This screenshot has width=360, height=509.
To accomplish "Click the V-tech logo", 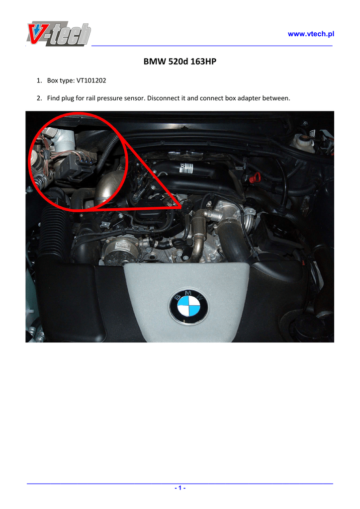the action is pos(59,33).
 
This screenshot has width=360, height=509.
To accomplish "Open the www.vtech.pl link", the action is pos(311,34).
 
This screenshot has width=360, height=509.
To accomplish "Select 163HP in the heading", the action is pos(203,61).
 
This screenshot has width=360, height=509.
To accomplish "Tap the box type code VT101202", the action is pos(91,81).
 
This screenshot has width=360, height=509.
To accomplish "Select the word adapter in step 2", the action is pos(249,98).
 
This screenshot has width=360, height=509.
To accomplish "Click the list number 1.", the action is pos(39,81).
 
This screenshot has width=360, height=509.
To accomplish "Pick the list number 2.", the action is pos(39,98).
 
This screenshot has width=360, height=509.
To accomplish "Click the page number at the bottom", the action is pos(180,488).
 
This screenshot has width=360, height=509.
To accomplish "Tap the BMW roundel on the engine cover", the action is pos(188,307).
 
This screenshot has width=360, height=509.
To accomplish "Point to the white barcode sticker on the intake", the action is pos(186,168).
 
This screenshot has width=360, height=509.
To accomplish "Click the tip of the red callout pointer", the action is pos(181,206).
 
